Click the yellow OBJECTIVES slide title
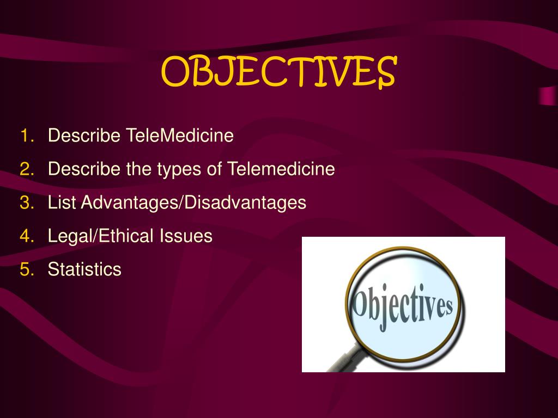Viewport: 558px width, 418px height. click(278, 71)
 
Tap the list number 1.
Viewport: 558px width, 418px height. click(27, 136)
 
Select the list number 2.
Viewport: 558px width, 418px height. click(27, 169)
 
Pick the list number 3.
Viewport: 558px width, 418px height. click(27, 203)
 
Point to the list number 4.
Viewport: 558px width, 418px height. click(27, 236)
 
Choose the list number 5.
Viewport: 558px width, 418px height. click(27, 269)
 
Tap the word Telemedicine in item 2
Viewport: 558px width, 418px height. click(281, 169)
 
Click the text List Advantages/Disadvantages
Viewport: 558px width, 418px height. click(177, 203)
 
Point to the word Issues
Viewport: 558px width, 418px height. click(186, 236)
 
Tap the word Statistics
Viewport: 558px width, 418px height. click(84, 269)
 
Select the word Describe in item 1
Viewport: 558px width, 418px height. click(84, 136)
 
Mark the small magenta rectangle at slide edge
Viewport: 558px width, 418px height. click(547, 96)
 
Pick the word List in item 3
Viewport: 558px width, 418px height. click(62, 203)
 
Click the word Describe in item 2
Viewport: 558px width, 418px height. click(84, 169)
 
